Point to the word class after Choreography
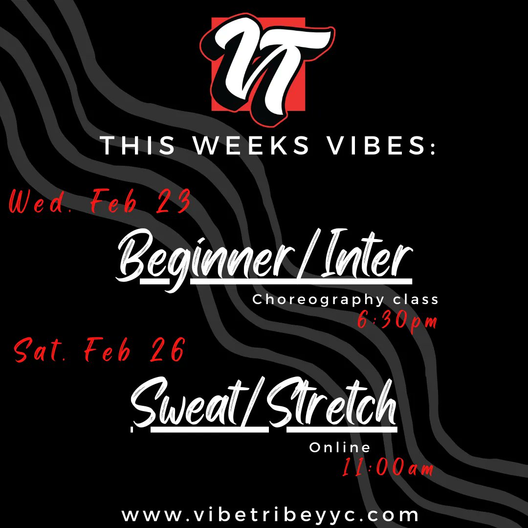point(417,299)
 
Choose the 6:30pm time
point(396,322)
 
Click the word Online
point(340,447)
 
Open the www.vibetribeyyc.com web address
point(270,515)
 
